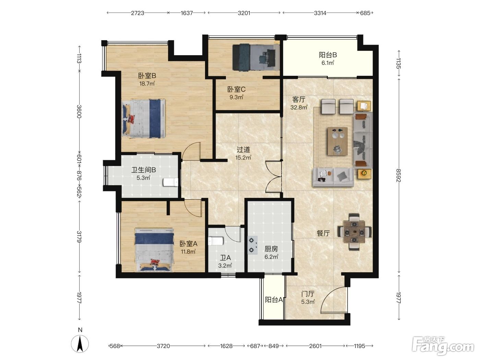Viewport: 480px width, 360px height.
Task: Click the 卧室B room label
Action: click(x=147, y=76)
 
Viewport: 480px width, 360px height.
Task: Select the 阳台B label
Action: click(x=327, y=55)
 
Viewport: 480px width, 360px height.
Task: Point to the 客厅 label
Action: click(x=299, y=99)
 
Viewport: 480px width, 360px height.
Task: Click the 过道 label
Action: click(x=243, y=150)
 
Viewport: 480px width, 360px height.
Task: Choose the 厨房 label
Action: click(x=271, y=249)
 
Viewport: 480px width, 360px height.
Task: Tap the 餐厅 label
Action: click(x=323, y=233)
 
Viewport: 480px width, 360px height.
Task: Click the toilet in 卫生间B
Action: click(x=170, y=182)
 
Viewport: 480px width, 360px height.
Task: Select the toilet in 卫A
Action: click(x=216, y=241)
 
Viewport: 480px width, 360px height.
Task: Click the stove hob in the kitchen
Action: click(x=252, y=245)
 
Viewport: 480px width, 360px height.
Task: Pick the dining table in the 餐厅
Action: click(x=354, y=232)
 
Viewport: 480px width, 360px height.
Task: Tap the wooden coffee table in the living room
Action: click(x=337, y=141)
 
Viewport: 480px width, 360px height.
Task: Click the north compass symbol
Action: click(x=80, y=344)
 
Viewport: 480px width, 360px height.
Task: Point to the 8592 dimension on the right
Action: click(x=398, y=176)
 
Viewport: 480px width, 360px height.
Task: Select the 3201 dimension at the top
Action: click(x=244, y=13)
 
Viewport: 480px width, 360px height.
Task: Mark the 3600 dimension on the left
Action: click(x=79, y=111)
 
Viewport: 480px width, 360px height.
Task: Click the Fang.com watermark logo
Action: click(x=443, y=347)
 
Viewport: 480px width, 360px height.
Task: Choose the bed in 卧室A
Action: click(x=154, y=250)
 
